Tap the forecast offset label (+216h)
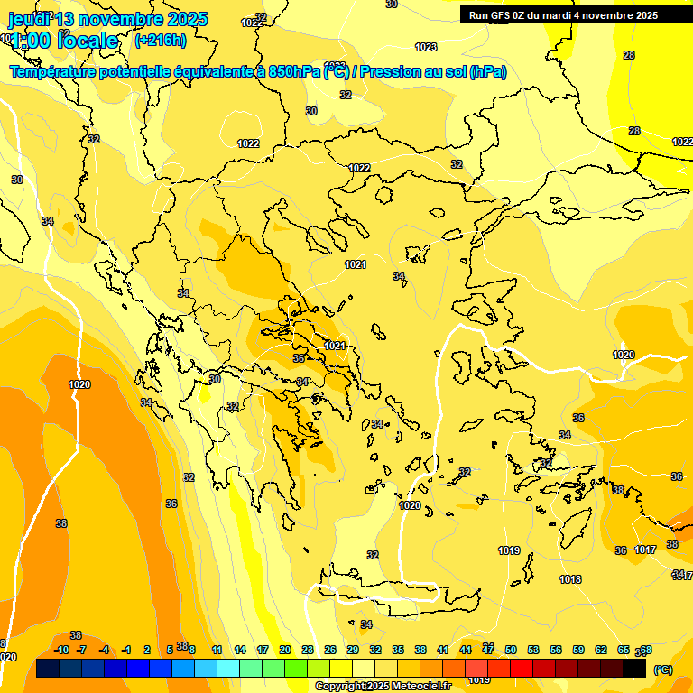161,40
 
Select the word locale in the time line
88,41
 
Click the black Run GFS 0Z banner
562,14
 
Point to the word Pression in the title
390,71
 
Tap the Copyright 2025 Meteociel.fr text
383,687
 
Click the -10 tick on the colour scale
61,650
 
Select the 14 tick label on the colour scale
240,650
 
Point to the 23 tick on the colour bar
308,650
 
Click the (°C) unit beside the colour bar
663,670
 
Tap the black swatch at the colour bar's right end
634,668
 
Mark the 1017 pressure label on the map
644,550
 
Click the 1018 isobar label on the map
570,579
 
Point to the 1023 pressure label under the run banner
426,47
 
